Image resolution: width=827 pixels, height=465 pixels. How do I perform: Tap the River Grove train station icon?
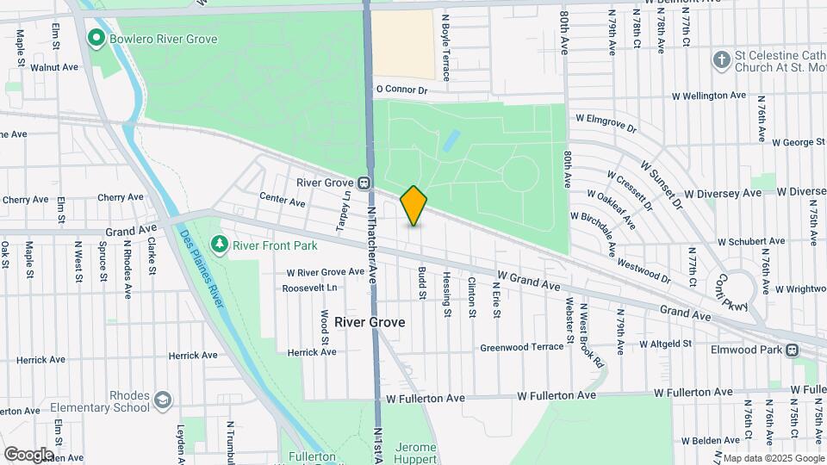click(365, 183)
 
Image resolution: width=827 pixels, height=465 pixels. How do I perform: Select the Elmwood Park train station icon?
click(791, 350)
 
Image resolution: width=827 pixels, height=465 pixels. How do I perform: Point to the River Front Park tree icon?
click(221, 245)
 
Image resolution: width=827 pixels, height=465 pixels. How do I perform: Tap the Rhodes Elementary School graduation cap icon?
click(162, 400)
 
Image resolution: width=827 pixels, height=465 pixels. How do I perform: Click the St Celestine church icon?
click(721, 59)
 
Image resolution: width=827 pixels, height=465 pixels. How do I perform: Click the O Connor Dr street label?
click(401, 89)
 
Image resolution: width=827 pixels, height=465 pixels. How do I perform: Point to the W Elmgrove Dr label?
click(606, 122)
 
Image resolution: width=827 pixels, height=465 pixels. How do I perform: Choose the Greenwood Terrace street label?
click(521, 348)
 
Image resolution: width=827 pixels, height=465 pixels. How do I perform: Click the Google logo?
click(28, 454)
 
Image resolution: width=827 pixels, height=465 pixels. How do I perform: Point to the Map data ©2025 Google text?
click(772, 458)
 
